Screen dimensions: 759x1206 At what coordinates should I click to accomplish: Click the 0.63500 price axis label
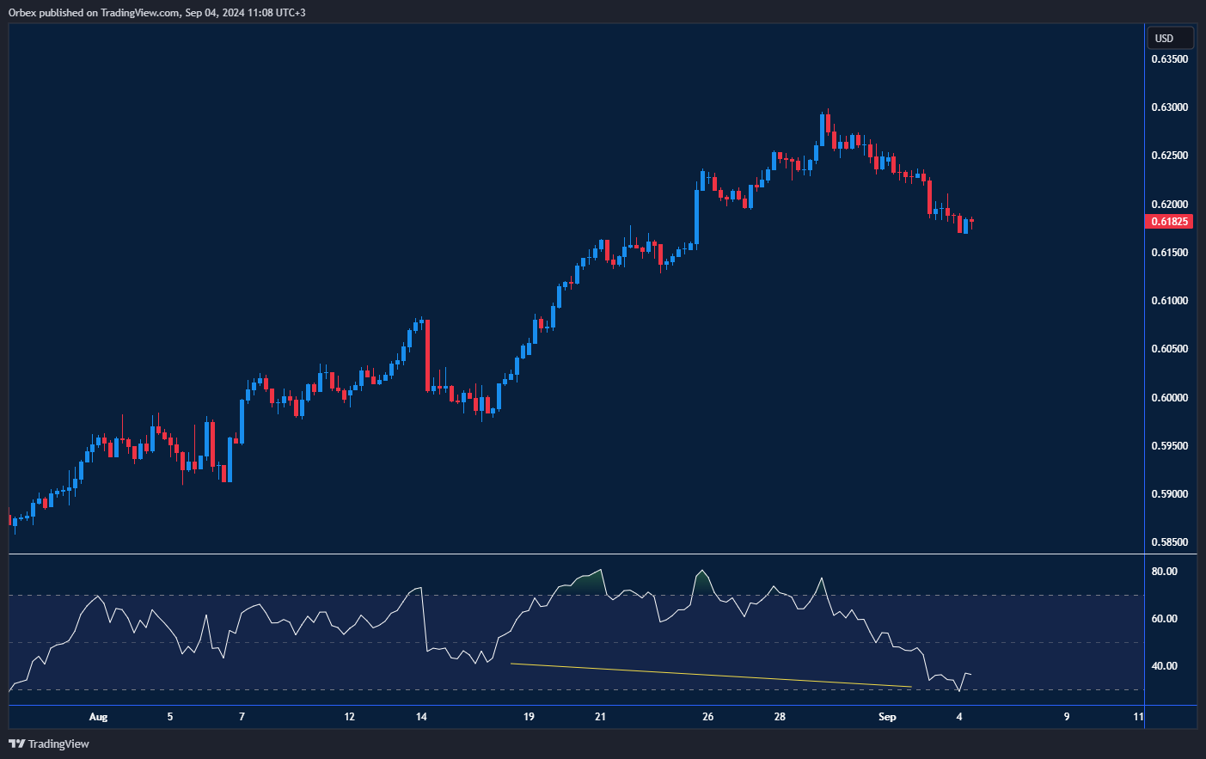(x=1169, y=59)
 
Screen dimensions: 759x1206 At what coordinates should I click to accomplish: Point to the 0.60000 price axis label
(x=1169, y=398)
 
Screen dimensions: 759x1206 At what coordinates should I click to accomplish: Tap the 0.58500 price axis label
(x=1169, y=542)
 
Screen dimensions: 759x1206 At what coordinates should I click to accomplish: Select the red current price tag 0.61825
(x=1170, y=222)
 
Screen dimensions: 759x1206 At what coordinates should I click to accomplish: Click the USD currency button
(x=1170, y=38)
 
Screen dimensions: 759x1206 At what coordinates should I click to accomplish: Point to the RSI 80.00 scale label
(x=1164, y=572)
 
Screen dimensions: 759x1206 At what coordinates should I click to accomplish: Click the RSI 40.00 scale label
(x=1164, y=666)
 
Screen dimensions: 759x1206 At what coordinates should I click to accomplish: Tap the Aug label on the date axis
(x=99, y=717)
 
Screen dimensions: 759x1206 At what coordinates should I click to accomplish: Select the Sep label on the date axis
(x=887, y=717)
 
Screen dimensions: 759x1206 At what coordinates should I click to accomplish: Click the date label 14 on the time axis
(x=421, y=717)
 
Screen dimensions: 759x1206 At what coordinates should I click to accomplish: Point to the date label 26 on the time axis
(x=707, y=717)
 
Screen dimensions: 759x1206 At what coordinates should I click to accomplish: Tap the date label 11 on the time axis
(x=1139, y=717)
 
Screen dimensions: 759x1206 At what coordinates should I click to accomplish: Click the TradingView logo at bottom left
(x=49, y=744)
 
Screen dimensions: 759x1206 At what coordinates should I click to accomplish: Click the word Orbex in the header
(x=22, y=13)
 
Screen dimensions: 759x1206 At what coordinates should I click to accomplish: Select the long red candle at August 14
(x=427, y=355)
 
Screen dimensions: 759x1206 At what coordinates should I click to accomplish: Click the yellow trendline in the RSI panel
(x=710, y=675)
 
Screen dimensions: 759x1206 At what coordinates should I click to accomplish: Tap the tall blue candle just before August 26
(x=697, y=215)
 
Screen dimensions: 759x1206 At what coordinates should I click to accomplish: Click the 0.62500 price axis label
(x=1169, y=156)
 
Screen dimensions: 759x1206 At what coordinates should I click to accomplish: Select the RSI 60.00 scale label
(x=1164, y=619)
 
